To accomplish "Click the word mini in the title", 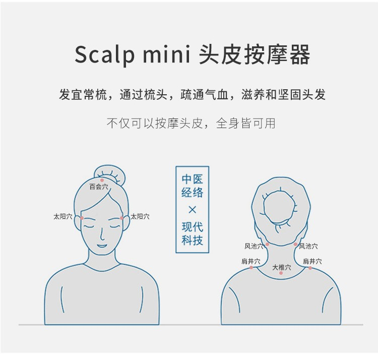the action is [x=167, y=54].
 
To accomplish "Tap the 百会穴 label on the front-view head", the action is [x=99, y=187].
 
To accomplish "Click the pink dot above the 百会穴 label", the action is [x=102, y=181].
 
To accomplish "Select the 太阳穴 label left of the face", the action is [x=63, y=216].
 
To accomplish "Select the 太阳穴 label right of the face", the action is [x=140, y=216].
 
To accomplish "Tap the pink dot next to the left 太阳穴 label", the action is [x=82, y=218].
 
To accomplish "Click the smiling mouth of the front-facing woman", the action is [x=102, y=246].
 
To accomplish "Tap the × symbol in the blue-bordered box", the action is [x=192, y=210].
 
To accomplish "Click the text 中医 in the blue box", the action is [x=192, y=179].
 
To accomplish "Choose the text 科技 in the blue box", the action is [x=192, y=241].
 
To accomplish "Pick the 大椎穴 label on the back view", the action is [x=282, y=267].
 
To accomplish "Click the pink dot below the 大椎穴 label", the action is [x=281, y=273].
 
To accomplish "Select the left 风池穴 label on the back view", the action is [x=254, y=246].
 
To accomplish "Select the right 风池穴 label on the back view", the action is [x=308, y=246].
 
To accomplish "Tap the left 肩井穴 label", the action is [x=251, y=261].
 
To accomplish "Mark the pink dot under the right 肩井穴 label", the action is [x=310, y=268].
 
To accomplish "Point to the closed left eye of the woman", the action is [x=88, y=226].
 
